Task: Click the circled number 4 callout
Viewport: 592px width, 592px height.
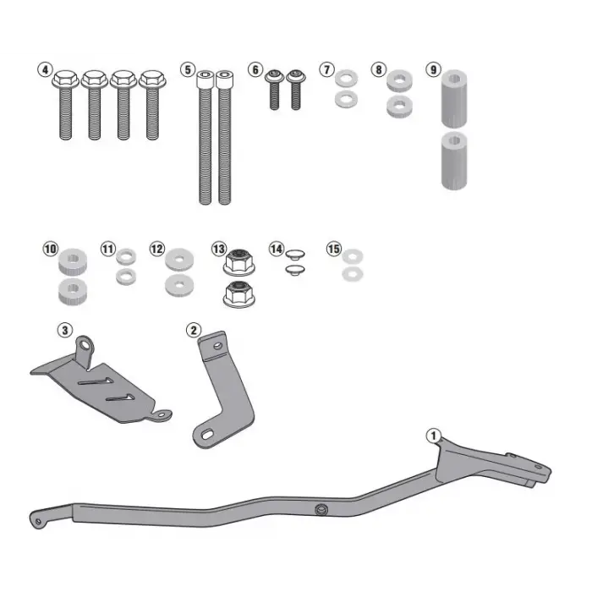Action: (x=46, y=70)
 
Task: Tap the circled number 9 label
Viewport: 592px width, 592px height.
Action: (x=433, y=70)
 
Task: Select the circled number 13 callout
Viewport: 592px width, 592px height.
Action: (x=219, y=249)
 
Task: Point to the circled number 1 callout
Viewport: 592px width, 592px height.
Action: (x=433, y=436)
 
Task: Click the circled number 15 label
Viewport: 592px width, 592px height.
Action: (x=334, y=249)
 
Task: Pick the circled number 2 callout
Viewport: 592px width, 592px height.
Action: (x=194, y=331)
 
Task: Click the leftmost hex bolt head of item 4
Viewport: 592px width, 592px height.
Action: (x=65, y=79)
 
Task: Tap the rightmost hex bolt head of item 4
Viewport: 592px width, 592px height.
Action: (x=152, y=79)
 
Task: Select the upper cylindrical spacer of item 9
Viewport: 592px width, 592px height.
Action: (x=454, y=98)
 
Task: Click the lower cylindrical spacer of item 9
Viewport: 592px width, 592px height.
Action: (x=454, y=161)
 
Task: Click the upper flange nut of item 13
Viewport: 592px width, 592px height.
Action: (x=239, y=261)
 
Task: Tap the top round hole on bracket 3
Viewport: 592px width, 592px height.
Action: (x=85, y=344)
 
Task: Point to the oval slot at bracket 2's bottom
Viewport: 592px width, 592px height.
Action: (x=207, y=436)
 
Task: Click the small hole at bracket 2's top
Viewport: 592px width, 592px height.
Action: (x=217, y=346)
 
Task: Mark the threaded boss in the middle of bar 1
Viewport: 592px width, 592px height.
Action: (x=321, y=510)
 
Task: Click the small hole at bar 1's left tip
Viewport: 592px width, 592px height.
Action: (x=38, y=522)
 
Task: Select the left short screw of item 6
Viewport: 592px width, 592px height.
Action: (x=275, y=90)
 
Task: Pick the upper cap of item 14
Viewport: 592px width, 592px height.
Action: (x=295, y=254)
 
